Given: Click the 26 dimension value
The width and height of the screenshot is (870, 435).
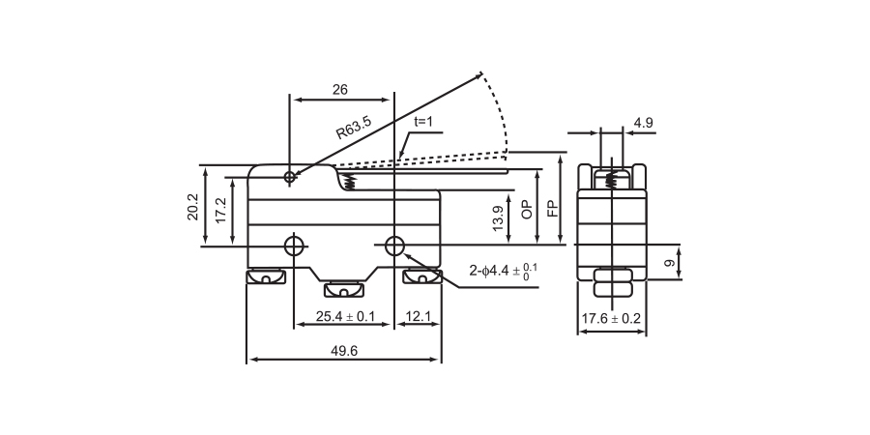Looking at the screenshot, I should pyautogui.click(x=339, y=89).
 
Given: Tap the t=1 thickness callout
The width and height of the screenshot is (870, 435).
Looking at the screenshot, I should pyautogui.click(x=426, y=123).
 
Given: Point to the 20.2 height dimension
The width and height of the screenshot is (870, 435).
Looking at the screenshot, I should pyautogui.click(x=193, y=206).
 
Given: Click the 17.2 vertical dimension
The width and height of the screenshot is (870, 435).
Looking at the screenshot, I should pyautogui.click(x=220, y=210).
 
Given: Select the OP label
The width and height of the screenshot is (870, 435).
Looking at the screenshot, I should pyautogui.click(x=527, y=211).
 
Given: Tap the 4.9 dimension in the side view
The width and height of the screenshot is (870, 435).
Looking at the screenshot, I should pyautogui.click(x=645, y=123).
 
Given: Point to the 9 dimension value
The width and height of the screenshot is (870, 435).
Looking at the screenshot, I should pyautogui.click(x=667, y=263).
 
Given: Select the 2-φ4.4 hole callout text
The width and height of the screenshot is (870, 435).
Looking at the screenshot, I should pyautogui.click(x=504, y=272).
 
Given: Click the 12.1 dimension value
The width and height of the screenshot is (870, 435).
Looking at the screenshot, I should pyautogui.click(x=418, y=316).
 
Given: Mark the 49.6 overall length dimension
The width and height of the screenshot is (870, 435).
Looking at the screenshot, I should pyautogui.click(x=343, y=352).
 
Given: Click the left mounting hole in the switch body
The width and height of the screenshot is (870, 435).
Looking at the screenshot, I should pyautogui.click(x=294, y=246).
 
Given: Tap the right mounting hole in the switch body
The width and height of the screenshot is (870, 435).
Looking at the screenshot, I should pyautogui.click(x=393, y=246).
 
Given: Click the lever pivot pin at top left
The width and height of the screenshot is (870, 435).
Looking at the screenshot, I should pyautogui.click(x=291, y=177).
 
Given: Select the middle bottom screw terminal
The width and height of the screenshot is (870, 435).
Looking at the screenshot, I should pyautogui.click(x=340, y=288).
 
